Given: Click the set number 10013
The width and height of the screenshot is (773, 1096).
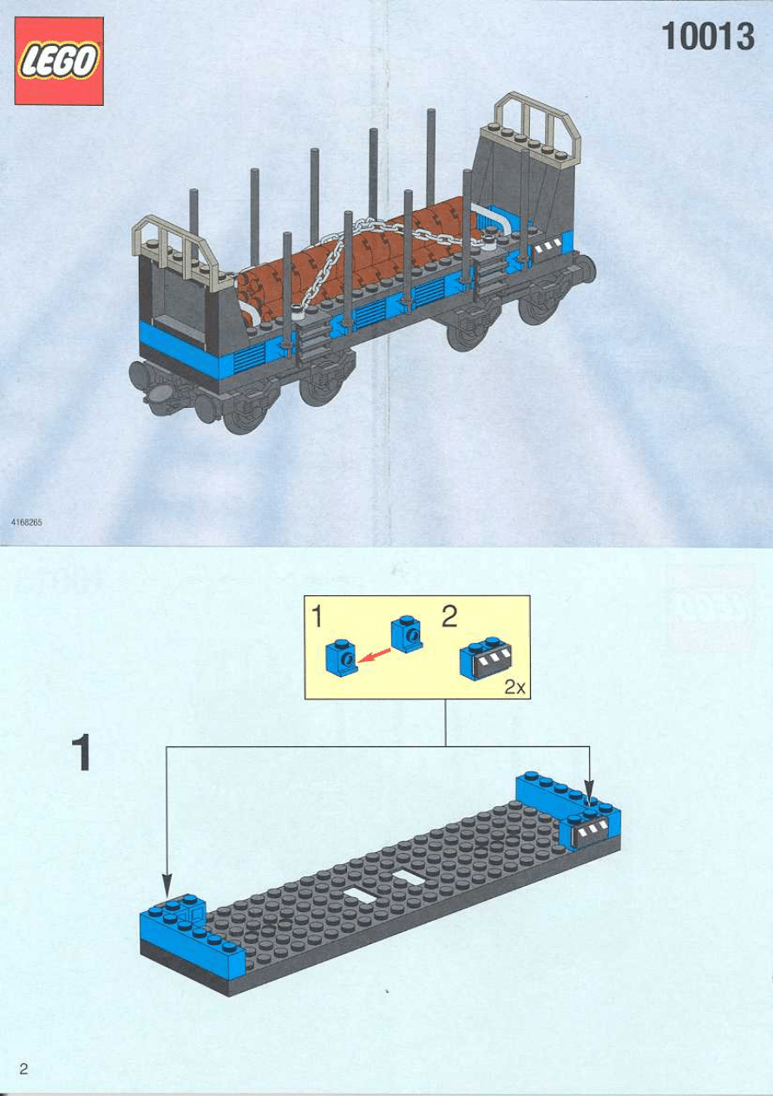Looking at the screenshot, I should (x=707, y=39).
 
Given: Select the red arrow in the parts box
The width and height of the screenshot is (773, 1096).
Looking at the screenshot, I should (x=374, y=656).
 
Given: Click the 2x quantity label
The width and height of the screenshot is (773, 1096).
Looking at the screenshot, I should (x=516, y=687).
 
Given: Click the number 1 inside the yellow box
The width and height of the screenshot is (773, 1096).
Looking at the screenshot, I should (x=318, y=617).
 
